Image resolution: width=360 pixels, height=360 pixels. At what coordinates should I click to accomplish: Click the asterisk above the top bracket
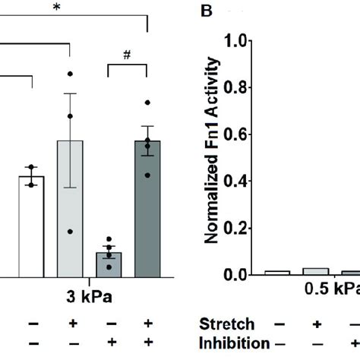pyautogui.click(x=57, y=8)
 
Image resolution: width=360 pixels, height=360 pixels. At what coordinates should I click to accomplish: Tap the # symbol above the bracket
pyautogui.click(x=127, y=55)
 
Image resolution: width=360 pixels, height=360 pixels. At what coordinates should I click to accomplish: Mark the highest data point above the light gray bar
pyautogui.click(x=71, y=74)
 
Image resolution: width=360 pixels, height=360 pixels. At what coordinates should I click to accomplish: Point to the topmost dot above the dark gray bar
pyautogui.click(x=147, y=102)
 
